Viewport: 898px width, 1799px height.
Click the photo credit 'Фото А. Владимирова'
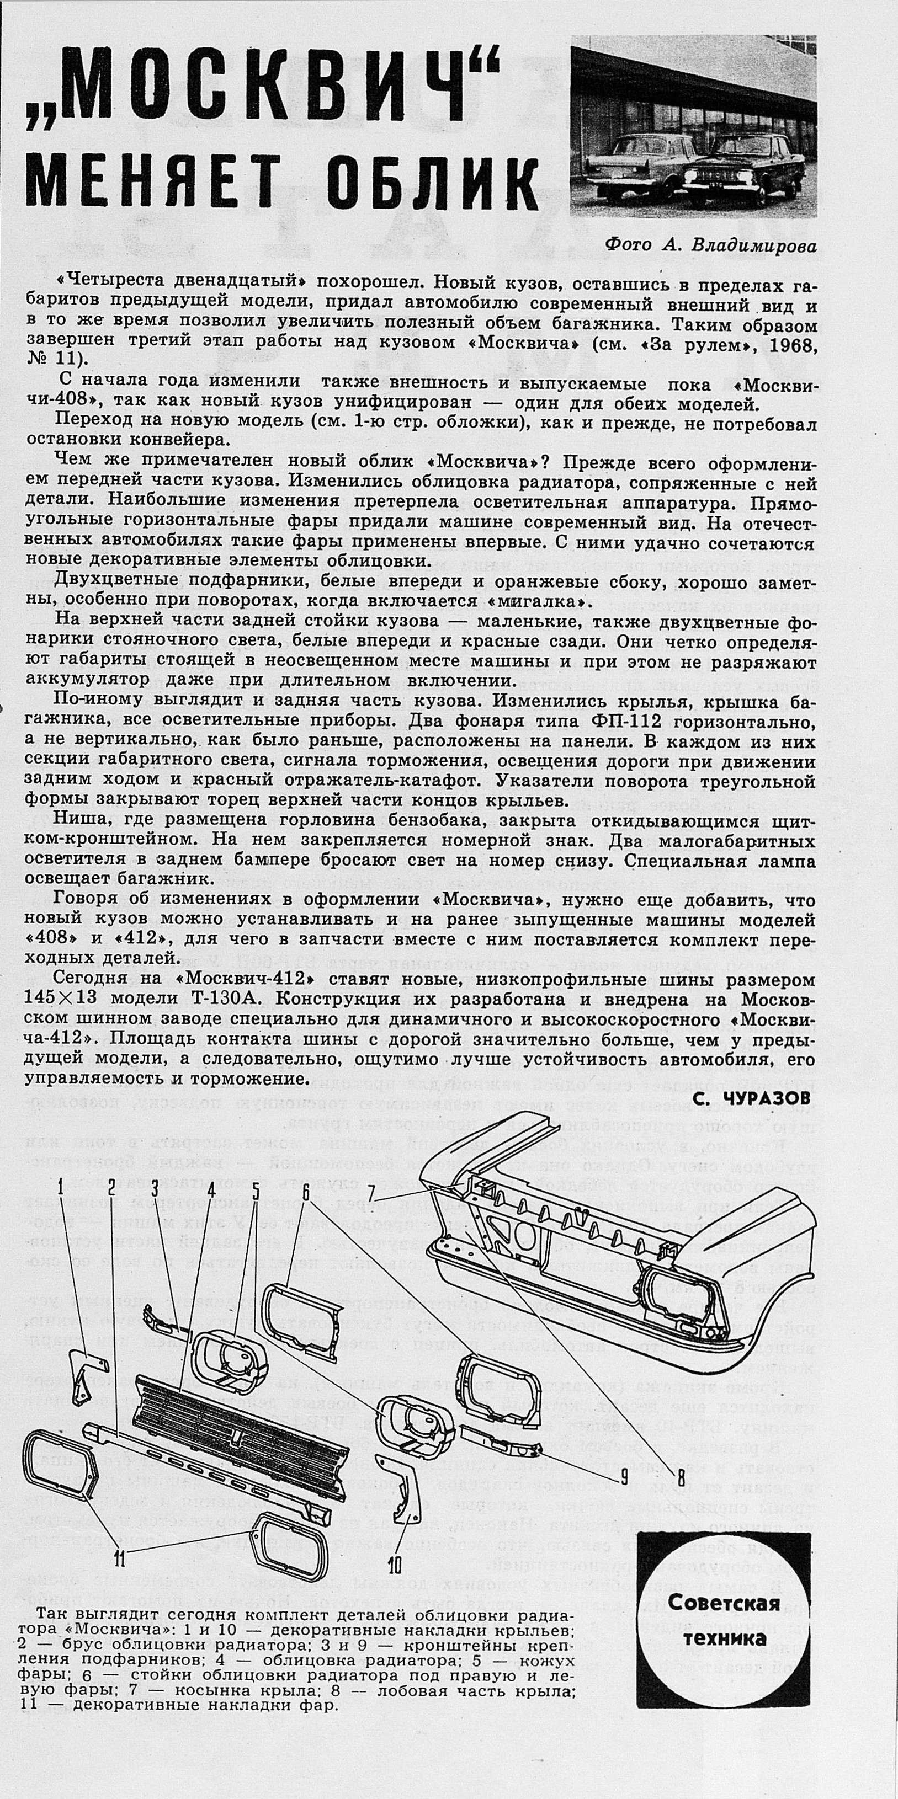click(710, 245)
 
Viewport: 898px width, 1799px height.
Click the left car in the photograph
click(636, 162)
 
